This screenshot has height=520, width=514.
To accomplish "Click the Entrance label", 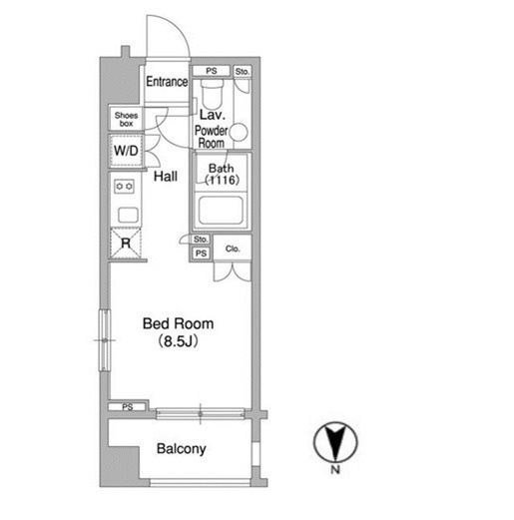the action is tap(167, 82).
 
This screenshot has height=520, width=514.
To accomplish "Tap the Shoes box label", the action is tap(126, 119).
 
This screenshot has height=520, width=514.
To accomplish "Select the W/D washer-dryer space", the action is tap(126, 151).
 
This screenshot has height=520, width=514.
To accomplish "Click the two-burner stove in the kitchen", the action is tap(124, 187).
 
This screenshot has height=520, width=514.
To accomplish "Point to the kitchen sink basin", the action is tap(128, 215).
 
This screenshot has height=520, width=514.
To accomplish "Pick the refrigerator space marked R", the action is tap(126, 243).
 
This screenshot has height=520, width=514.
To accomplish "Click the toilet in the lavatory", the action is tap(212, 94).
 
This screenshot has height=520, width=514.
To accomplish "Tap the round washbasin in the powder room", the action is tap(239, 132).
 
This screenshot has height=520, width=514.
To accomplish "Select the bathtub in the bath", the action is tap(221, 210).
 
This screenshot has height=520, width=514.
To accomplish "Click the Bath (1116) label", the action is tap(222, 174).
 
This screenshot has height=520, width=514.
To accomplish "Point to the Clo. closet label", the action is tap(233, 249).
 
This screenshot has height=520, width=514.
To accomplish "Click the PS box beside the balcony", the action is tap(127, 406).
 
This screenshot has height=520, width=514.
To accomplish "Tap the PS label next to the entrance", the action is tap(212, 71).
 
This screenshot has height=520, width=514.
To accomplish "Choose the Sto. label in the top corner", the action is tap(242, 72).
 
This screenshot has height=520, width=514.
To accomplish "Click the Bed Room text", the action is tap(178, 323).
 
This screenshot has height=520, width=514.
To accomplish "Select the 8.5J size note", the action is tap(179, 341).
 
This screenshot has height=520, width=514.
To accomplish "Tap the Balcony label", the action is tap(182, 449).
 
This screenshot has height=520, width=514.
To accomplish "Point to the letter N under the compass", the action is tap(335, 470).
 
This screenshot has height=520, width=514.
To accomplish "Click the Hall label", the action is tap(166, 177).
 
